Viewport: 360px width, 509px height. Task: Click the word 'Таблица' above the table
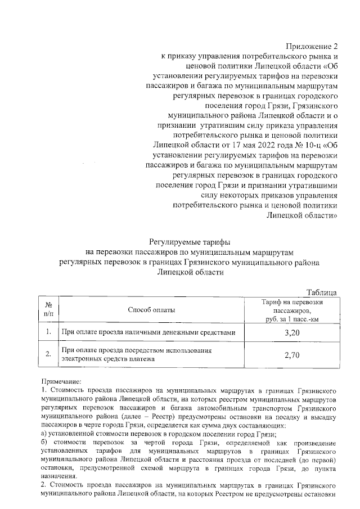321,291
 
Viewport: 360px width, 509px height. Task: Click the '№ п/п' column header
48,309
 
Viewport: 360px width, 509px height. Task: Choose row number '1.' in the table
48,333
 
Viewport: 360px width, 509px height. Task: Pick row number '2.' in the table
48,355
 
